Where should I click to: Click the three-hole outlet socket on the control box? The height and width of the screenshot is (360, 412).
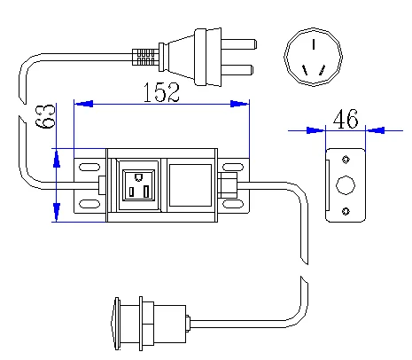pos(137,184)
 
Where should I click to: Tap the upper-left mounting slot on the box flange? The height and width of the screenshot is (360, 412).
pos(89,167)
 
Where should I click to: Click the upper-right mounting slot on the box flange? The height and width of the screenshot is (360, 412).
pos(233,167)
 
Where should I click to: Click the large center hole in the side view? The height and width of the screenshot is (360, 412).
pos(346,185)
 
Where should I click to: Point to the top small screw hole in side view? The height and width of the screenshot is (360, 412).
pos(346,160)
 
